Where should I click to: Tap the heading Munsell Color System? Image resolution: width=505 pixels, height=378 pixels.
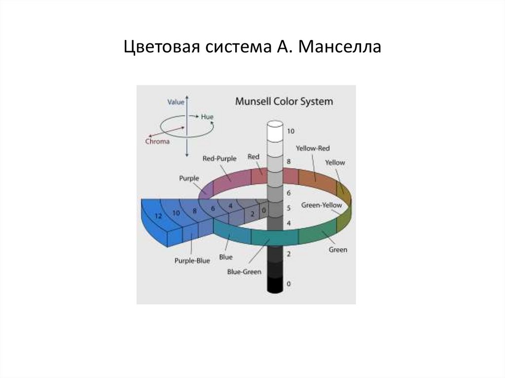[x=284, y=102]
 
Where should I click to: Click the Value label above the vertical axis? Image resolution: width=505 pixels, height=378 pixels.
[x=176, y=102]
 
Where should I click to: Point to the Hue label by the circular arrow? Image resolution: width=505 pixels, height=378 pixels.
[x=207, y=117]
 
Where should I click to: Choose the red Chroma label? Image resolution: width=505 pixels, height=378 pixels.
[x=157, y=141]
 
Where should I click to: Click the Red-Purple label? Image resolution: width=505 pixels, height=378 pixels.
[x=219, y=158]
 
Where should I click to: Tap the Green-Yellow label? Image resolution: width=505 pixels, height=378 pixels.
[x=319, y=205]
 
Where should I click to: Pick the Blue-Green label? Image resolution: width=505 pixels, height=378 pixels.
[x=244, y=272]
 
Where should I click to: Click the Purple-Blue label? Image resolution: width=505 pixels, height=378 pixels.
[x=192, y=261]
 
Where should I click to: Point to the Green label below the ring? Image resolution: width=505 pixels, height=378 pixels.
[x=338, y=249]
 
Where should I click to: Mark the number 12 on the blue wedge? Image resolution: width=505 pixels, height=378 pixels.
[x=158, y=216]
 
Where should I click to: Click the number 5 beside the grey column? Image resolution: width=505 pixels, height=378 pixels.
[x=289, y=208]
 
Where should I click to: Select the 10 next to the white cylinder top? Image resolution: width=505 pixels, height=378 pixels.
[x=290, y=131]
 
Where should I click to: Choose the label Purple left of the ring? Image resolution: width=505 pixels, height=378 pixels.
[x=189, y=178]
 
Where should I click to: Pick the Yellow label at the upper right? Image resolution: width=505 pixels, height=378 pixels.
[x=335, y=163]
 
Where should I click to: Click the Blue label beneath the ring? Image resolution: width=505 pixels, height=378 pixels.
[x=226, y=257]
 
